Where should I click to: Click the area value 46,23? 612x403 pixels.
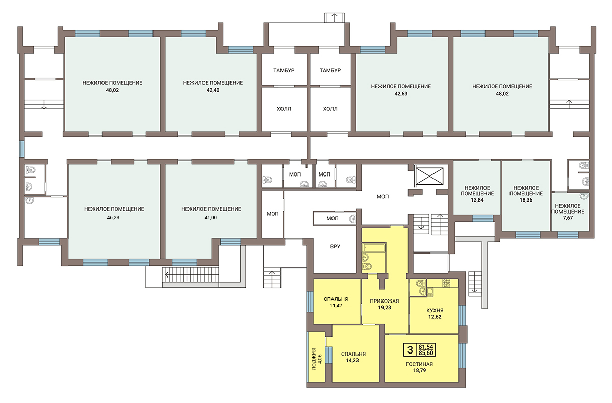(113, 218)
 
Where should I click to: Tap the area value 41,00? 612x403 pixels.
(210, 218)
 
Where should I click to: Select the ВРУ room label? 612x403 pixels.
(335, 246)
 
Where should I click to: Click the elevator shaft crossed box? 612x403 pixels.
(429, 176)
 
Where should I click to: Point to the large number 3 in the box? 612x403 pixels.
(410, 350)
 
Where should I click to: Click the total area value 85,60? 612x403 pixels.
(426, 353)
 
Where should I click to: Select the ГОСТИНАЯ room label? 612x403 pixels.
(419, 364)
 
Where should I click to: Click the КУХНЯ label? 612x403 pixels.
(435, 310)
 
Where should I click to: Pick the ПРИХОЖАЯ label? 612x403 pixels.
(385, 301)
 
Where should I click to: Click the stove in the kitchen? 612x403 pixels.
(446, 283)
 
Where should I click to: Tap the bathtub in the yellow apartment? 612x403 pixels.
(374, 248)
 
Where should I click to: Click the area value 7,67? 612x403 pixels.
(568, 218)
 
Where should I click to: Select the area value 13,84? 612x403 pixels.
(477, 200)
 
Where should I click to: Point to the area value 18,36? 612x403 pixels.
(526, 200)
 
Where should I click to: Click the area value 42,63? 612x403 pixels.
(401, 94)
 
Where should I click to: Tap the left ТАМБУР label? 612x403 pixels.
(284, 70)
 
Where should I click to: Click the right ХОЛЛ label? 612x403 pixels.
(330, 109)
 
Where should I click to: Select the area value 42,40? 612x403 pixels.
(213, 90)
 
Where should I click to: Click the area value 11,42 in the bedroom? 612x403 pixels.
(336, 306)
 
